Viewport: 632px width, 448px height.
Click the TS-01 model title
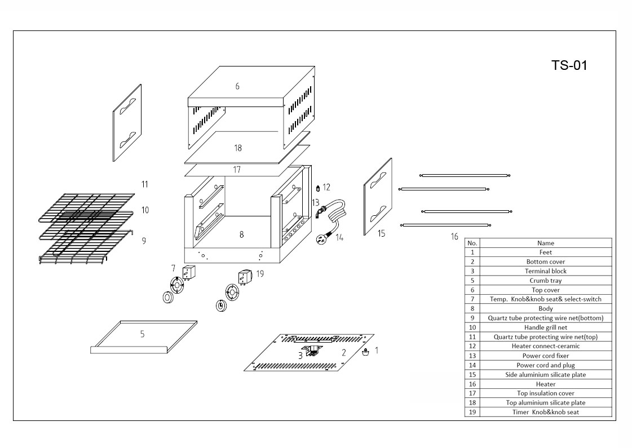[x=569, y=65]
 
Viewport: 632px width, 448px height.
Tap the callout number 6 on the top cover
[x=237, y=86]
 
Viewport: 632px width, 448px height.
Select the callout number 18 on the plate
[x=238, y=148]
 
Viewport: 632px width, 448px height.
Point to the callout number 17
[x=237, y=169]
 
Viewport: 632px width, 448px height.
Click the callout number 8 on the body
[x=241, y=234]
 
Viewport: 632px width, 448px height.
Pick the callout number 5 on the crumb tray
[x=142, y=334]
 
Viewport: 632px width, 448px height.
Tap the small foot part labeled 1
[x=365, y=353]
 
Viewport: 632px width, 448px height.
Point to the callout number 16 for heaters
[x=454, y=237]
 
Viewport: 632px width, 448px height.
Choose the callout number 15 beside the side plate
[x=382, y=233]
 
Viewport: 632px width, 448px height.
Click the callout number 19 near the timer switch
[x=259, y=273]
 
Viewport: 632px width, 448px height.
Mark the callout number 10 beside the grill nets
[x=145, y=210]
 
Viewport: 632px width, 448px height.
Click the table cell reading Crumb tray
[x=545, y=281]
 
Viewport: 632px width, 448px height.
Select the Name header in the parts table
[x=545, y=243]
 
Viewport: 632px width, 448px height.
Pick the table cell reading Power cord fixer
[x=545, y=356]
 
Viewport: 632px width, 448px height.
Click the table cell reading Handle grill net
[x=545, y=327]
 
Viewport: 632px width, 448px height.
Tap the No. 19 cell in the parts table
[x=472, y=412]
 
